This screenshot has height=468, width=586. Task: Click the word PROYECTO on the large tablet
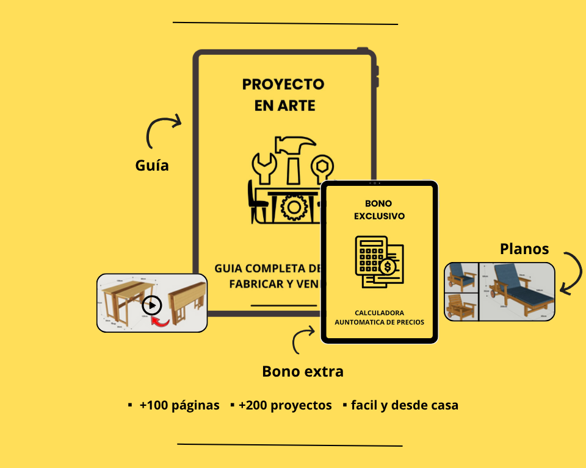pos(283,84)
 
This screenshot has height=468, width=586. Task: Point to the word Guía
pos(152,165)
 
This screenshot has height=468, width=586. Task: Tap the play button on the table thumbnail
pos(152,304)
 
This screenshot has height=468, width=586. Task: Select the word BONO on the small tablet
pos(378,204)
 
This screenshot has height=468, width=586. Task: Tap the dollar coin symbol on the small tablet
pos(388,267)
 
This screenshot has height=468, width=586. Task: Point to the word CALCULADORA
pos(379,313)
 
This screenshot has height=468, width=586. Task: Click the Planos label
pos(524,249)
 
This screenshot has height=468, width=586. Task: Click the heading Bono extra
pos(303,371)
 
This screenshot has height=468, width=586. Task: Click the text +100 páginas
pos(179,405)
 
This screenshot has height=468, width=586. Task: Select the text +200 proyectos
pos(285,405)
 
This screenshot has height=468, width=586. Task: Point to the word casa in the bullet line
pos(443,405)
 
